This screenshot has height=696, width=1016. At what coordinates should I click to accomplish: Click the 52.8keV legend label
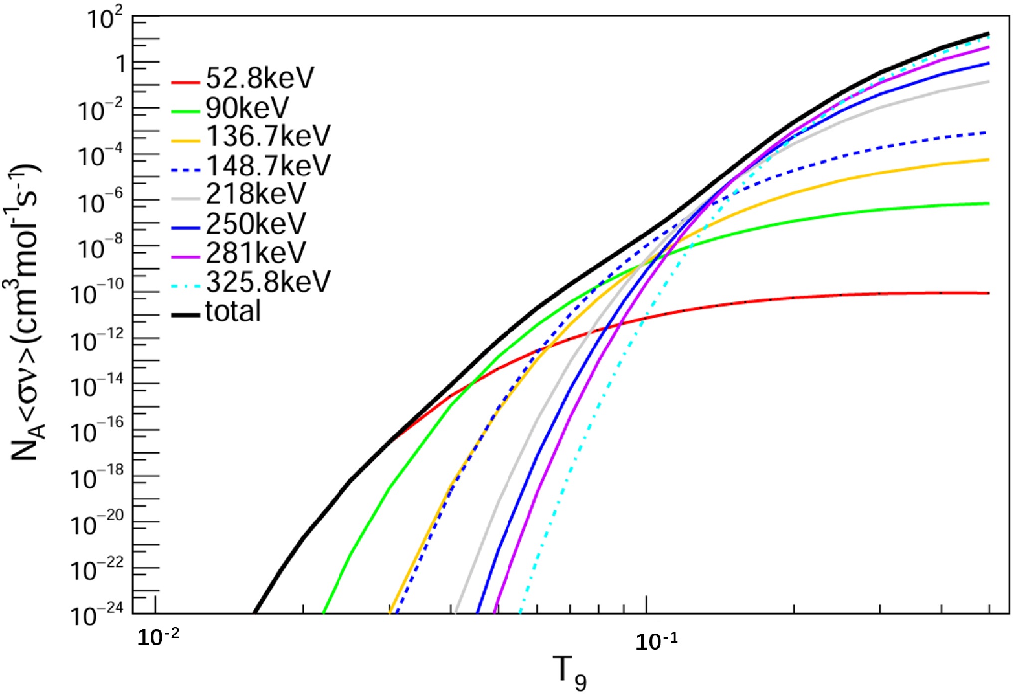click(260, 78)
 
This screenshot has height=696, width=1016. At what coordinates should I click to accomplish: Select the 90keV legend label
click(247, 107)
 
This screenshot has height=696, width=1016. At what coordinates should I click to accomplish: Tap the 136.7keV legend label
click(268, 136)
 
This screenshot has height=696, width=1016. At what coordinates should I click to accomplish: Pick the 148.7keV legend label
click(268, 165)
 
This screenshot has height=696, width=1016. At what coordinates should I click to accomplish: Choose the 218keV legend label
click(255, 194)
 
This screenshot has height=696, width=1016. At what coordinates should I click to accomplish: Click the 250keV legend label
click(255, 223)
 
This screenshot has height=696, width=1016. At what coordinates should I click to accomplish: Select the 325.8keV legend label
click(268, 282)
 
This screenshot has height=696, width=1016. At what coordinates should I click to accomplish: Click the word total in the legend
click(233, 311)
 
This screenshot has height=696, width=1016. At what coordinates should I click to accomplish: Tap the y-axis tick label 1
click(120, 64)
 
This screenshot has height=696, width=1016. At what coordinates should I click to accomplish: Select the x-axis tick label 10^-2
click(158, 637)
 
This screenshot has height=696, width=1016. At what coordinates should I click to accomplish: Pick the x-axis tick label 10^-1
click(657, 641)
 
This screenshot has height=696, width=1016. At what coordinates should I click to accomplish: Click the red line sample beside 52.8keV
click(186, 82)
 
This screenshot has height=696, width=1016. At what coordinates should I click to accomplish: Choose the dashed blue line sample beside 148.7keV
click(186, 170)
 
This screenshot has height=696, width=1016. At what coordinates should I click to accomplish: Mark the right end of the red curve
click(988, 293)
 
